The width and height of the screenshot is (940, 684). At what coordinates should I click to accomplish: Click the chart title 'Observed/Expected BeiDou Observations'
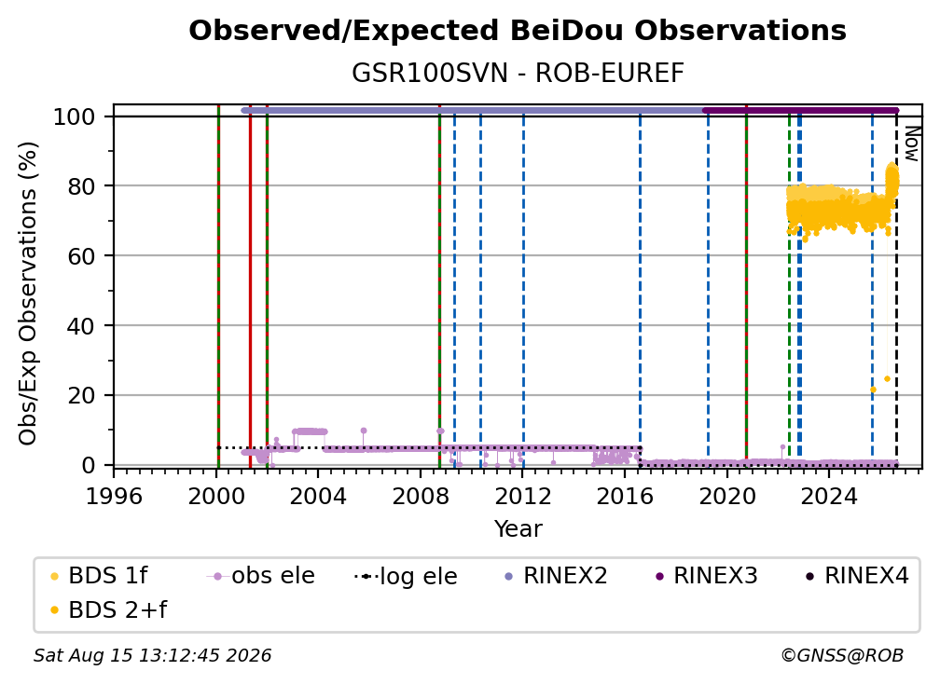[x=518, y=31]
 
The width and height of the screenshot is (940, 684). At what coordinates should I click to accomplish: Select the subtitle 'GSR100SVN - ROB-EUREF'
[x=518, y=73]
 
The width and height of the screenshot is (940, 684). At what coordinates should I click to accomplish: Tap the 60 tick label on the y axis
[x=81, y=256]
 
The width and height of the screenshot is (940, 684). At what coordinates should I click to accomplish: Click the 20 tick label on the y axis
[x=81, y=396]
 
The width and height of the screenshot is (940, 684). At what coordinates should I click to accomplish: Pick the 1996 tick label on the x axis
[x=114, y=497]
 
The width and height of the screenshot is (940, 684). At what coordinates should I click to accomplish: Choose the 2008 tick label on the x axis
[x=421, y=497]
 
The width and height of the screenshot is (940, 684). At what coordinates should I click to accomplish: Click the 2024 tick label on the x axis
[x=829, y=497]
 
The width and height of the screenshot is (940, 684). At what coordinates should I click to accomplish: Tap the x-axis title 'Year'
[x=518, y=529]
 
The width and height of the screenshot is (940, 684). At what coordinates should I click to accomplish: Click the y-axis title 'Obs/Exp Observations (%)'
[x=28, y=294]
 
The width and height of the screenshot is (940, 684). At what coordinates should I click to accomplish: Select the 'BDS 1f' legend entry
[x=100, y=576]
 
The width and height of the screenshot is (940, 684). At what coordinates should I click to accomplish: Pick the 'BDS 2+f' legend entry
[x=108, y=610]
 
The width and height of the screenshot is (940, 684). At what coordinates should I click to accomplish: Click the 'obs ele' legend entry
[x=261, y=576]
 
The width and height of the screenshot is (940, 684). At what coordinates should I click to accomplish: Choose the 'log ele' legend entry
[x=406, y=576]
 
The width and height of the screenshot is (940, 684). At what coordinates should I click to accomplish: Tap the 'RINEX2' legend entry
[x=557, y=576]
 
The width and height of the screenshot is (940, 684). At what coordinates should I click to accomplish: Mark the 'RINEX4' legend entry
[x=857, y=576]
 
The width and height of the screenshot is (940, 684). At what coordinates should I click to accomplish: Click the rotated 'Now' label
[x=911, y=144]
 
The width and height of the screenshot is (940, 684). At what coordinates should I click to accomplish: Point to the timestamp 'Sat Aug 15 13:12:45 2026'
[x=152, y=656]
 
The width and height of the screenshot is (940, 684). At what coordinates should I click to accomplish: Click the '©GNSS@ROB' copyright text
[x=842, y=656]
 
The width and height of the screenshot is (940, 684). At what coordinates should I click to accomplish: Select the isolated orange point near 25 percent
[x=887, y=379]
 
